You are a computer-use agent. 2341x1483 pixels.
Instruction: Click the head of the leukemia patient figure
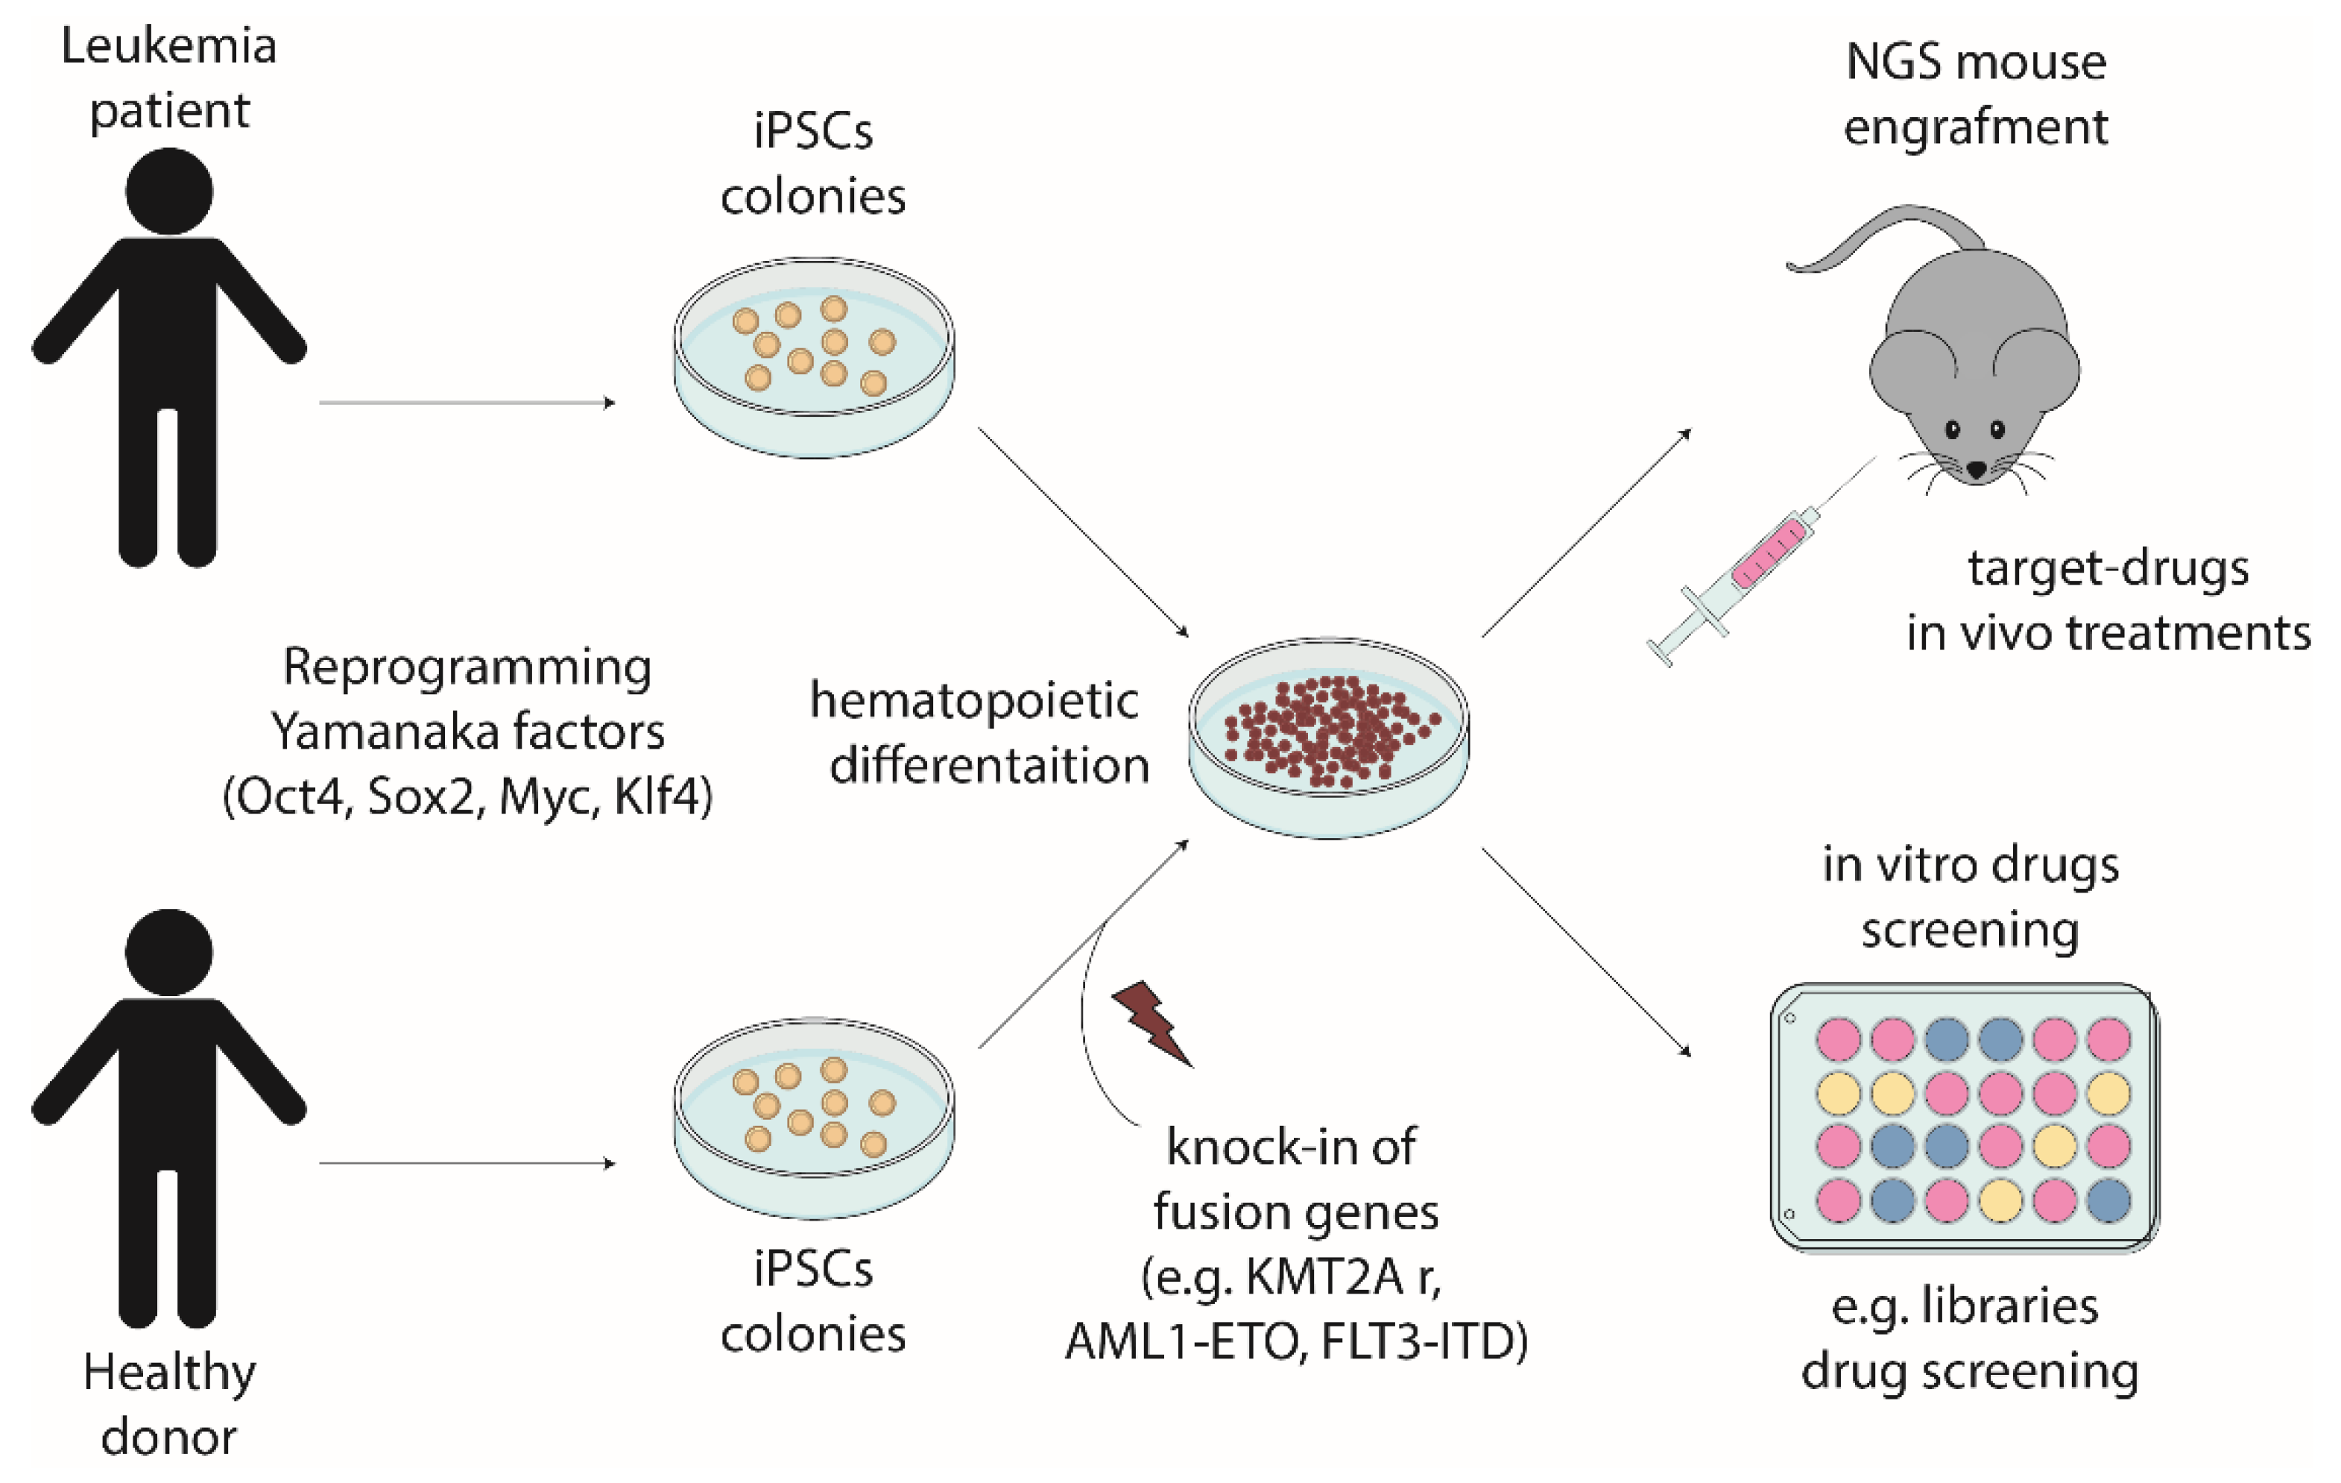pos(169,191)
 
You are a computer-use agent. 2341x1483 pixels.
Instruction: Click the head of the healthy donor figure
pos(169,952)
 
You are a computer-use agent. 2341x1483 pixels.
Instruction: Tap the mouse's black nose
pos(1977,470)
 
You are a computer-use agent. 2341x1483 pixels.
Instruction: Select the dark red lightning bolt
pos(1152,1023)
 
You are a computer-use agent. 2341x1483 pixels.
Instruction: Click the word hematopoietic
pos(974,701)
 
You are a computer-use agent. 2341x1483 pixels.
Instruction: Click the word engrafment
pos(1976,127)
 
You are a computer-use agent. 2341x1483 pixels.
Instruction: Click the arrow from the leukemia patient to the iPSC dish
pos(467,403)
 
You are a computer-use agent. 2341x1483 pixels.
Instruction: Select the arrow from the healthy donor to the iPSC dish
pos(467,1163)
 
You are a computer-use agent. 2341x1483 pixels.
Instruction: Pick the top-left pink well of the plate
pos(1839,1039)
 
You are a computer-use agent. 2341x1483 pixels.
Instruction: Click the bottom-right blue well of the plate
pos(2108,1200)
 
